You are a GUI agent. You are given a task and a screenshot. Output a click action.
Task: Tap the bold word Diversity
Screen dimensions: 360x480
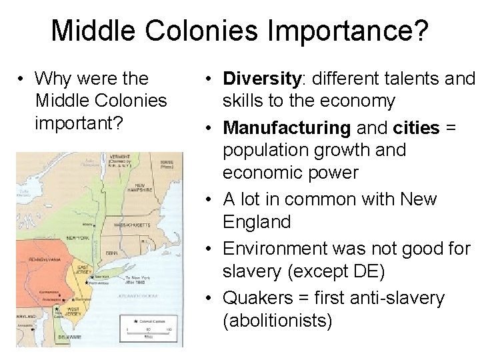262,79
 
